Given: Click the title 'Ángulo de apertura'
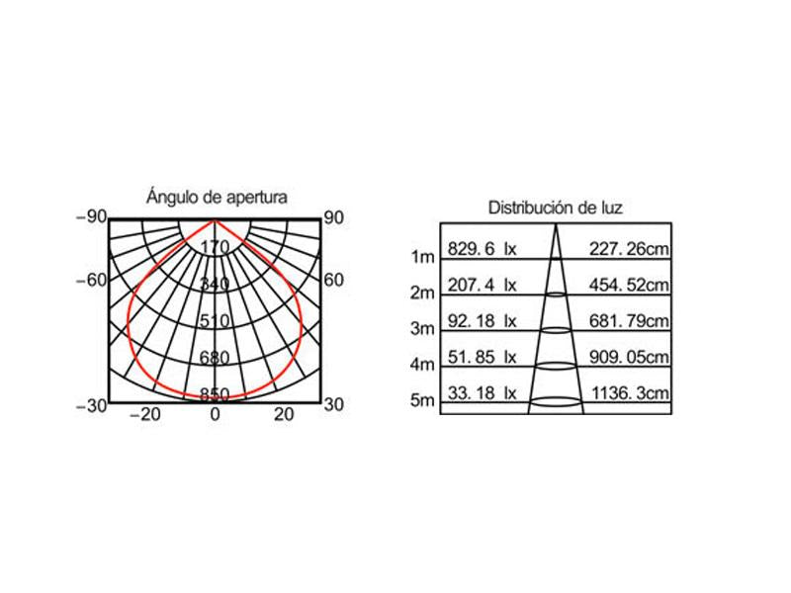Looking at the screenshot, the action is tap(217, 196).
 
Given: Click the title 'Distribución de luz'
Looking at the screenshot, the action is tap(556, 208).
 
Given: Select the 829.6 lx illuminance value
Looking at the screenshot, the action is tap(483, 249).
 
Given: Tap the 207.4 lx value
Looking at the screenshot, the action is tap(483, 285).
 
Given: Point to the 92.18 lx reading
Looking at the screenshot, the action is tap(483, 320).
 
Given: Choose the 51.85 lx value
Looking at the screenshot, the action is tap(483, 357).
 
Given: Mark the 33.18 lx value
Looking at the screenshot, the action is tap(483, 392).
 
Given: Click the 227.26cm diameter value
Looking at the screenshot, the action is tap(629, 249).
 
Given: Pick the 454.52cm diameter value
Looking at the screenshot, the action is tap(629, 285).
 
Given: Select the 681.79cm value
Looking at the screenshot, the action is tap(629, 320).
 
